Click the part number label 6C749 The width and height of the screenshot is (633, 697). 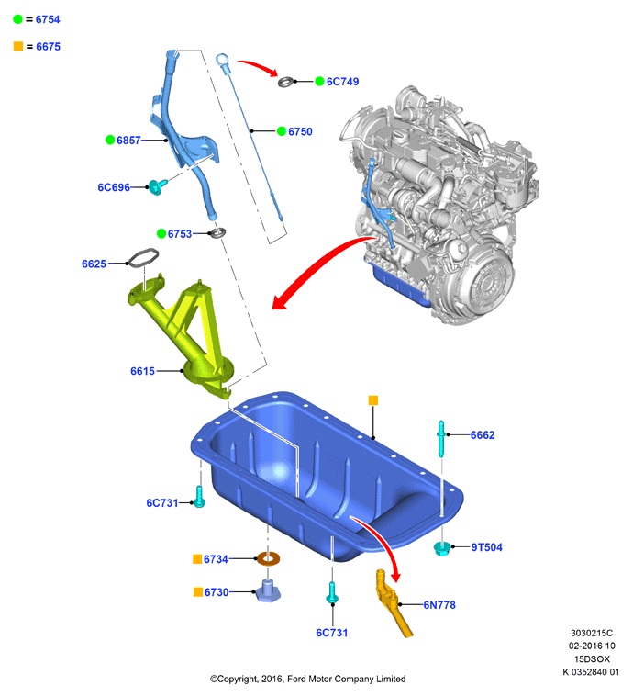(x=342, y=82)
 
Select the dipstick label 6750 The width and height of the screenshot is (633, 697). (x=300, y=131)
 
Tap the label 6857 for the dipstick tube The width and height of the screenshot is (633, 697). (x=128, y=140)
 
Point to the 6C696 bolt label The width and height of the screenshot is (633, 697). (x=114, y=187)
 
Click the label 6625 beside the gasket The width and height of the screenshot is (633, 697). (x=94, y=264)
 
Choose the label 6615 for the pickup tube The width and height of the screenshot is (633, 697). (x=142, y=371)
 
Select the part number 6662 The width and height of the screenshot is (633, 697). (x=483, y=435)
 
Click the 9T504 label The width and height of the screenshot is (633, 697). (x=486, y=547)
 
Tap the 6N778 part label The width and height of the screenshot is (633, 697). (x=439, y=605)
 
